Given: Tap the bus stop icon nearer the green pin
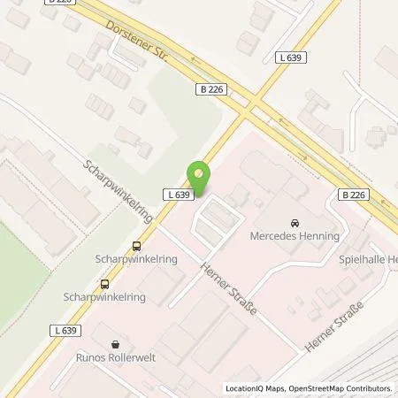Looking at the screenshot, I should pyautogui.click(x=136, y=247).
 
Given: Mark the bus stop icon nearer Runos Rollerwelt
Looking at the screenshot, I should pyautogui.click(x=104, y=285).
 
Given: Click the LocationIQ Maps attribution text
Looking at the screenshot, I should pyautogui.click(x=256, y=388).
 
